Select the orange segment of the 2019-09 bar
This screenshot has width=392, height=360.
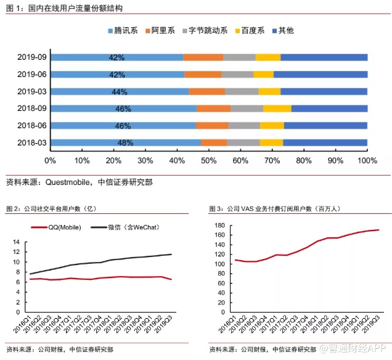203,57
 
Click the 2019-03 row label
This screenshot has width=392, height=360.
32,92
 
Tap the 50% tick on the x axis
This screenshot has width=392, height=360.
208,161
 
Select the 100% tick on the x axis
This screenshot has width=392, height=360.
367,161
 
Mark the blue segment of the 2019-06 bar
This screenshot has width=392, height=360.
118,75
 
